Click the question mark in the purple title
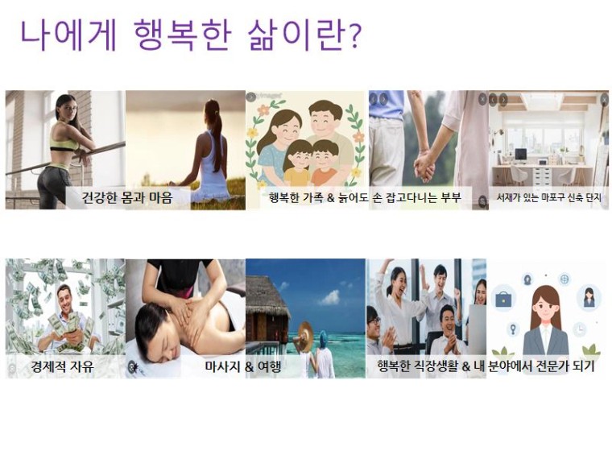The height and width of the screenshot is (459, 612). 354,37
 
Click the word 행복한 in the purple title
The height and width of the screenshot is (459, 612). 183,35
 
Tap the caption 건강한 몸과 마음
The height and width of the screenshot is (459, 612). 127,197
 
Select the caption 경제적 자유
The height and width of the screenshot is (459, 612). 63,366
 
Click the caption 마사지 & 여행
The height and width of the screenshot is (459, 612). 242,366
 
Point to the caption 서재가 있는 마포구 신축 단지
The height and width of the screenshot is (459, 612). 548,197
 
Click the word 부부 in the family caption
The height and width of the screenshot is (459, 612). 451,197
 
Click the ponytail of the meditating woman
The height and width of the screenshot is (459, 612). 215,125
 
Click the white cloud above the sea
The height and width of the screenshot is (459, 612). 330,297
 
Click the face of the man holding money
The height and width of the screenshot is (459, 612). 64,300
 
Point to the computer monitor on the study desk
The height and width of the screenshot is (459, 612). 521,154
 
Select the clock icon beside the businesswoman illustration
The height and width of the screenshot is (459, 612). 580,329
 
